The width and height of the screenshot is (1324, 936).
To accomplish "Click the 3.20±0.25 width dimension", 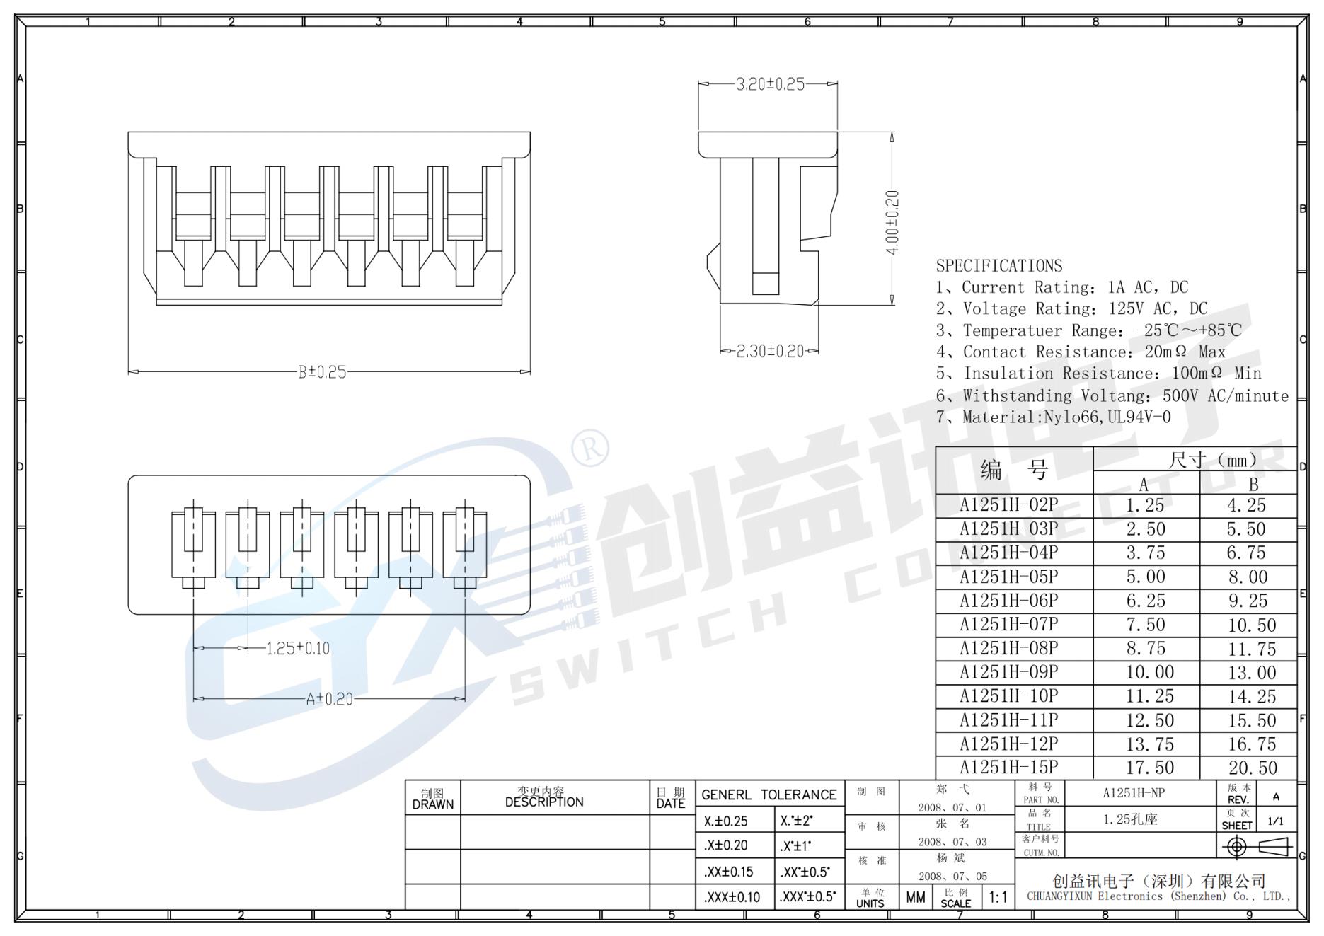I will tap(770, 84).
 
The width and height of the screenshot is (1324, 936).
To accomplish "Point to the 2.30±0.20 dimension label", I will tap(770, 351).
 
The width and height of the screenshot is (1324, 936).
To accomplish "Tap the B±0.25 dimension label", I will tap(322, 372).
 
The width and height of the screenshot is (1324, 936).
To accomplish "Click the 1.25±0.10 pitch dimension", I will tap(298, 648).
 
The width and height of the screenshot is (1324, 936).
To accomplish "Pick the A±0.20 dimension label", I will tap(329, 699).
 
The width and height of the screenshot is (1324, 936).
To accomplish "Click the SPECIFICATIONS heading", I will tap(998, 266).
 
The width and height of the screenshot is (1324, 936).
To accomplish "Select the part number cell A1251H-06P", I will tap(1008, 601).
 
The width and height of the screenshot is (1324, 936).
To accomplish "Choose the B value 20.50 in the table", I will tap(1252, 768).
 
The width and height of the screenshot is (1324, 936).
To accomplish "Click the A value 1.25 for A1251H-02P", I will tap(1144, 505).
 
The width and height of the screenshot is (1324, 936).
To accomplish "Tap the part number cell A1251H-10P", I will tap(1008, 696).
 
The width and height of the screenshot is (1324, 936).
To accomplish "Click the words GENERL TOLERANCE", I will tap(769, 795).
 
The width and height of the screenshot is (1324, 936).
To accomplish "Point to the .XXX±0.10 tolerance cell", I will tap(732, 897).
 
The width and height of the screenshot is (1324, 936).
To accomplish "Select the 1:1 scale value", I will tap(998, 898).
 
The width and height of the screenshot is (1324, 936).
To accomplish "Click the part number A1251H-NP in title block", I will tap(1133, 793).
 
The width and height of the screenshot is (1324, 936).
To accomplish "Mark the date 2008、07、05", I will tap(952, 877).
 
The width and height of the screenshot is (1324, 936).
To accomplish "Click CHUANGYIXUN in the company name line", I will tap(1060, 896).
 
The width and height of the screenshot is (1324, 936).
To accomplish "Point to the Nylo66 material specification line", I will tap(1053, 417).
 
